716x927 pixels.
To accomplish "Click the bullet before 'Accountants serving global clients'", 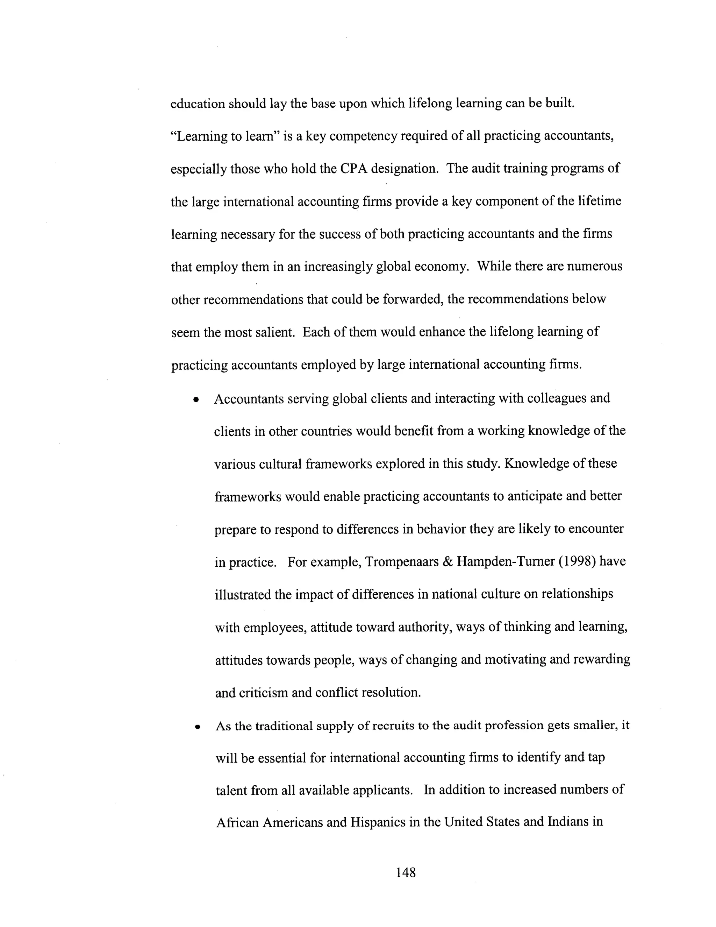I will tap(195, 400).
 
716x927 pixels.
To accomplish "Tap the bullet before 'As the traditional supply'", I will tap(197, 727).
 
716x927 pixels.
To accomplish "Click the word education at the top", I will tap(197, 104).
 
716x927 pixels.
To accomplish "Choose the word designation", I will tap(404, 169).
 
